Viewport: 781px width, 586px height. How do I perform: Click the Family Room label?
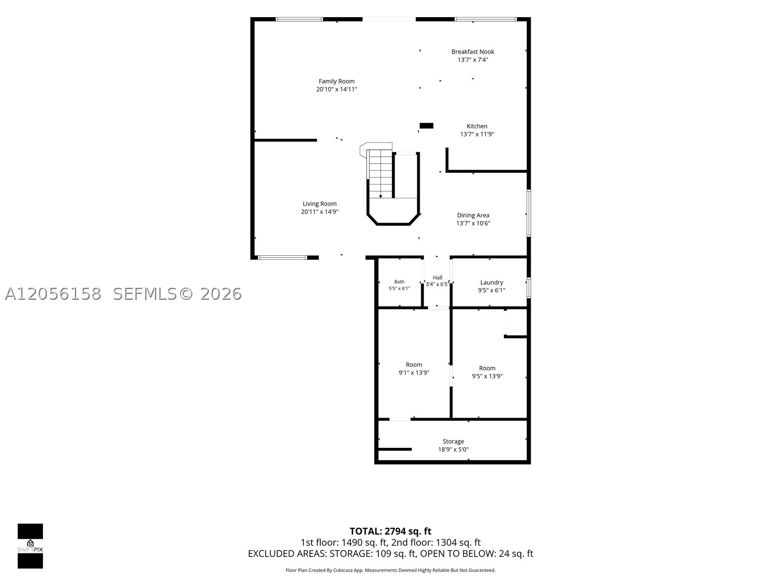point(336,81)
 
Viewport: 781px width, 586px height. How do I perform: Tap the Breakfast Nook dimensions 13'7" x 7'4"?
point(473,60)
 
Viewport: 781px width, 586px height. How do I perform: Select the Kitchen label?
point(477,126)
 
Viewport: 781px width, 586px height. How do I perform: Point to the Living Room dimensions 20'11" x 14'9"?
point(320,212)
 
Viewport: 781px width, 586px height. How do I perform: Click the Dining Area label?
point(473,215)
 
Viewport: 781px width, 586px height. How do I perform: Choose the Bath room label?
point(399,282)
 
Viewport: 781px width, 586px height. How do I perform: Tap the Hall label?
point(438,277)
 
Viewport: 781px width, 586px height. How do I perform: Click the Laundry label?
point(492,283)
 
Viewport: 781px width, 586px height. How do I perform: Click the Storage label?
point(453,441)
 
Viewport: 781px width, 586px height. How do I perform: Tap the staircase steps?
point(380,174)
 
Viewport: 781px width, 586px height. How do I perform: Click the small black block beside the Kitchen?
point(426,126)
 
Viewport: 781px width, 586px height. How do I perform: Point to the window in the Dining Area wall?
point(529,213)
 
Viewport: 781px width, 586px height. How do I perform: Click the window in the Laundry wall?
point(529,288)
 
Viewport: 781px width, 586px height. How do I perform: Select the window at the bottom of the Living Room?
point(282,258)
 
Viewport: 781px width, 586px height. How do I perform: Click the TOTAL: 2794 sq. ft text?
point(390,531)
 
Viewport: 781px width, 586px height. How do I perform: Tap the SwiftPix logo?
point(30,546)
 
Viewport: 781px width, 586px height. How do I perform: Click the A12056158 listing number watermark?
point(53,294)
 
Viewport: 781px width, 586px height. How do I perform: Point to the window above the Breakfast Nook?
point(485,19)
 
